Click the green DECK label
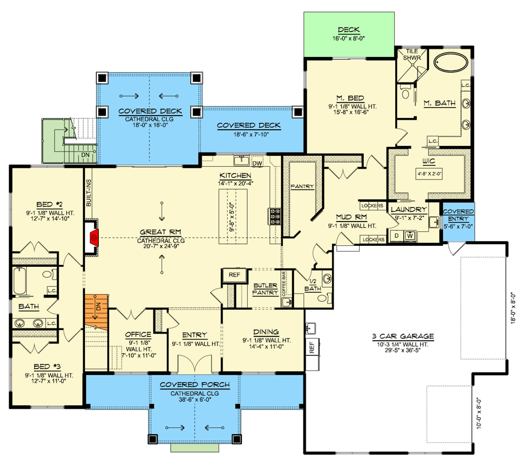pos(349,30)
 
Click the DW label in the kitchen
pos(256,163)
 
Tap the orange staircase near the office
pos(96,312)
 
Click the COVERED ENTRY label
pos(458,215)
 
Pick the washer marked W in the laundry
pos(410,236)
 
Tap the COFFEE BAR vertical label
pos(285,284)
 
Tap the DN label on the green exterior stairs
pos(85,155)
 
